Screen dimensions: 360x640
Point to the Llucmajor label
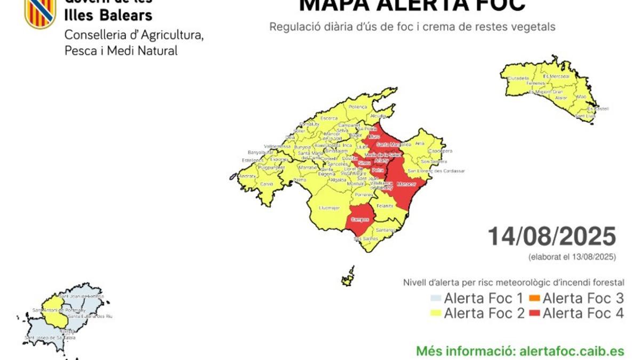329,207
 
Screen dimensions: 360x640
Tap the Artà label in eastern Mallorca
420,143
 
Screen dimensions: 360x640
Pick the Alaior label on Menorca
561,98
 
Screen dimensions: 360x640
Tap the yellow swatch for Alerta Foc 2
436,314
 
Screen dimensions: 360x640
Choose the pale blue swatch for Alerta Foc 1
436,298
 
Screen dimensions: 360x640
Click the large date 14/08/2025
551,236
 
